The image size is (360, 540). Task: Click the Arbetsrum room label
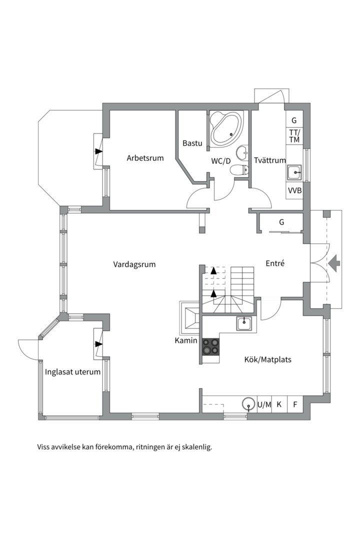point(145,158)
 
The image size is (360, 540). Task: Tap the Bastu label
point(192,143)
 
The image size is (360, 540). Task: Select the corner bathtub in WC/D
point(226,128)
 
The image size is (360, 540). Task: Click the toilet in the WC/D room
point(239,170)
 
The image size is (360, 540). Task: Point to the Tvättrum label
point(270,160)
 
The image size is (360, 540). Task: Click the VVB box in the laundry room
point(294,190)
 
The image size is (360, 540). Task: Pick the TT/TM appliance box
point(294,136)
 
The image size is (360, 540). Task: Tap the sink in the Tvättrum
point(294,172)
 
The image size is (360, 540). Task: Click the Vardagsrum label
point(134,264)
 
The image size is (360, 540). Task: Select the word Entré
point(275,263)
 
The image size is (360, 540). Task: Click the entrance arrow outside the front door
point(334,264)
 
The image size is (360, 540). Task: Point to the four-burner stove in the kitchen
point(210,346)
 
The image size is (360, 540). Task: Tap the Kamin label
point(186,340)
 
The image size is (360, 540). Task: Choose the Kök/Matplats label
point(267,359)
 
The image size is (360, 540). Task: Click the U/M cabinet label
point(264,404)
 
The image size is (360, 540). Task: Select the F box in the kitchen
point(295,404)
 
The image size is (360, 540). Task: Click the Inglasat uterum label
point(72,372)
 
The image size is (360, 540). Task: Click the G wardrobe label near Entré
point(282,222)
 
